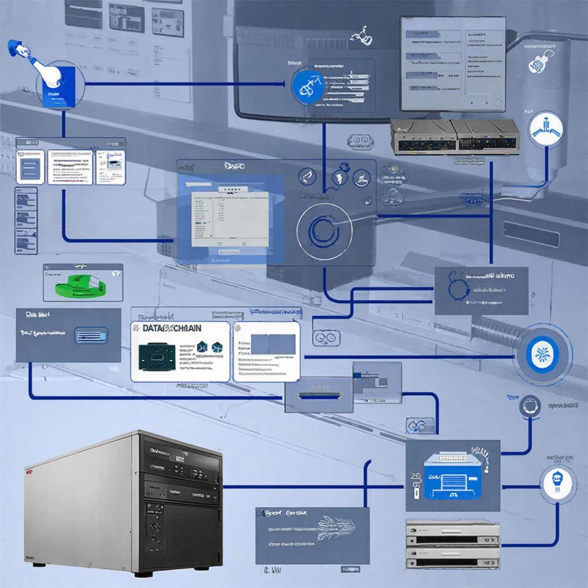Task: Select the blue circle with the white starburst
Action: tap(541, 353)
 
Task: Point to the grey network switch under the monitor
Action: tap(454, 137)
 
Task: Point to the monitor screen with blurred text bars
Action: tap(452, 63)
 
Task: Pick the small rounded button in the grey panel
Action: tap(91, 335)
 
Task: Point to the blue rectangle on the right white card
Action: tap(274, 344)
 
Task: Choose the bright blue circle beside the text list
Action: tap(309, 85)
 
